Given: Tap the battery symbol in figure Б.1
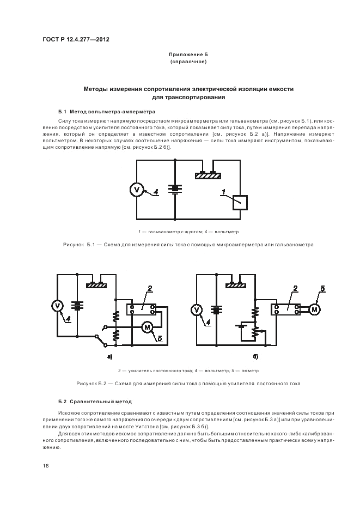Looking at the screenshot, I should [x=174, y=188].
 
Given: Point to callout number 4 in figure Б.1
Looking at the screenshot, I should [x=156, y=191].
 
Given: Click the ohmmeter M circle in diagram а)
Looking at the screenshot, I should [x=147, y=326].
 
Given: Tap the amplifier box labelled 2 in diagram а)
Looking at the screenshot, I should [x=142, y=308].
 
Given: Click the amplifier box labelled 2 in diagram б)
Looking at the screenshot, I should [x=286, y=309].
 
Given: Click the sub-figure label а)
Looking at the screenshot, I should [x=109, y=356].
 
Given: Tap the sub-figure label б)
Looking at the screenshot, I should [x=255, y=356].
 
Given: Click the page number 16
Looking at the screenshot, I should [x=46, y=466].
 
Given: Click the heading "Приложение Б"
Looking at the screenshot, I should [x=188, y=56].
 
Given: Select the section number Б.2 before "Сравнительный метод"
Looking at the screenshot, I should [x=62, y=402].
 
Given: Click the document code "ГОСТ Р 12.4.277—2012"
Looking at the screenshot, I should [x=72, y=40].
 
